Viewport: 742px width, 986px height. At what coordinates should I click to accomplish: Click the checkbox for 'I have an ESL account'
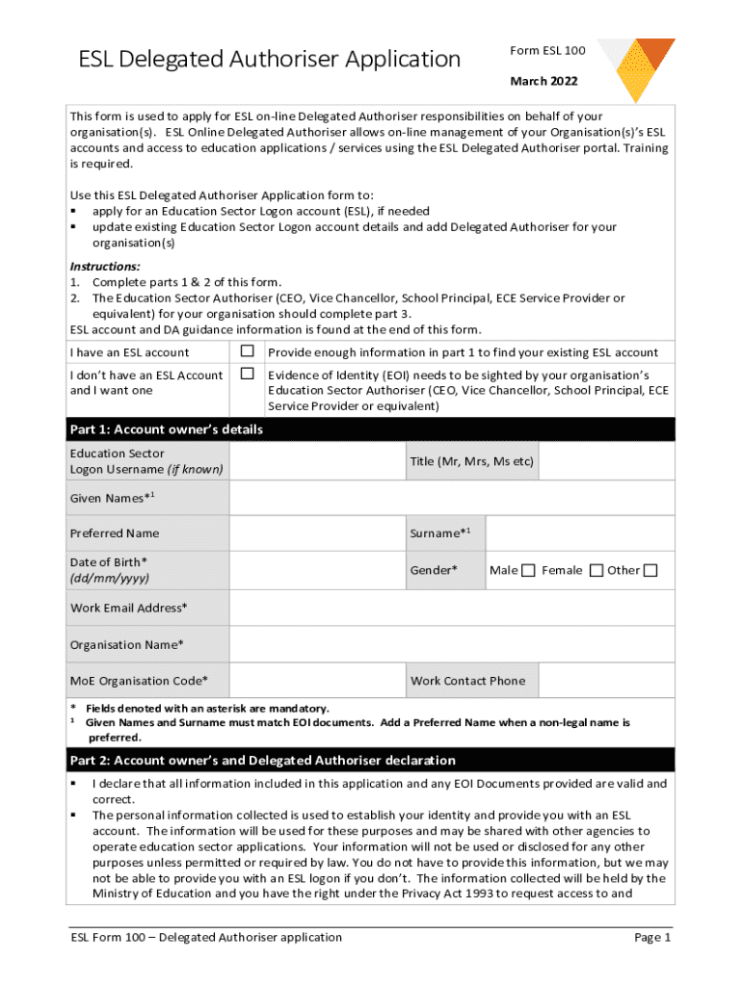(x=247, y=351)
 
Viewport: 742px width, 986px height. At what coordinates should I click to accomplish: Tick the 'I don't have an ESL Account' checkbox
(x=247, y=374)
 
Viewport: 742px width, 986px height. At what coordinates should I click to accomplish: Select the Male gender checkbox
(x=528, y=571)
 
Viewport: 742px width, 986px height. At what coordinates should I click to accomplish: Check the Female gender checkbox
(x=596, y=571)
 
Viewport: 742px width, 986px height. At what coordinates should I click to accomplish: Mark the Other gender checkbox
(x=650, y=571)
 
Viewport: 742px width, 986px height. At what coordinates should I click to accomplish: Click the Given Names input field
(x=452, y=498)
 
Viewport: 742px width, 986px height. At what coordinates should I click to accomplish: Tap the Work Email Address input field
(x=452, y=608)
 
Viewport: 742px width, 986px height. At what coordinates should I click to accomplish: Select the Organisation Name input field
(x=452, y=644)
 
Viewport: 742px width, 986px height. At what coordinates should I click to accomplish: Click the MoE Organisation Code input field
(x=315, y=681)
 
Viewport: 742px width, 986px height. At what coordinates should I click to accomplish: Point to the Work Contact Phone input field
(x=606, y=681)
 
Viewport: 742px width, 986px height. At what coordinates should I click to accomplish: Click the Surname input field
(x=579, y=533)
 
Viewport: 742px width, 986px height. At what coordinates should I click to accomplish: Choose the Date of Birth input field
(x=315, y=570)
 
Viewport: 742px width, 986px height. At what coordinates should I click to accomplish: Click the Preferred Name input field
(x=315, y=533)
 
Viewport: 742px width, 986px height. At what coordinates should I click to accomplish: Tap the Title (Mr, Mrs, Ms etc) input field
(x=606, y=461)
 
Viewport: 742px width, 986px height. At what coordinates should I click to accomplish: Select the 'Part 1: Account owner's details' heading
(x=166, y=429)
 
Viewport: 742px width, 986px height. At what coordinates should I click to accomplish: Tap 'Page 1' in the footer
(x=651, y=937)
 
